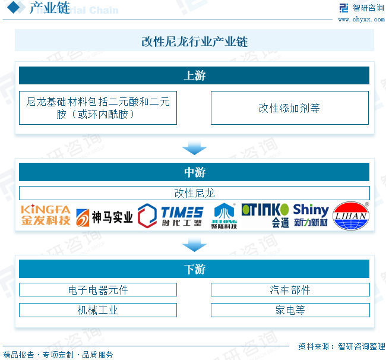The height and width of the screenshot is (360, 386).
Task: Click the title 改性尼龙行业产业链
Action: point(194,42)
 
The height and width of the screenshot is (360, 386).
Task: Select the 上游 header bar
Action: point(194,75)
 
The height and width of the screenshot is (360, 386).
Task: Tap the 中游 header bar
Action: point(194,172)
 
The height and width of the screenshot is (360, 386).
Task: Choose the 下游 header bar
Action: point(194,269)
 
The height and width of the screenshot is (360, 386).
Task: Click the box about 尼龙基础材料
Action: point(98,108)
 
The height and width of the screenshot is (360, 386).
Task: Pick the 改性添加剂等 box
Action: point(289,108)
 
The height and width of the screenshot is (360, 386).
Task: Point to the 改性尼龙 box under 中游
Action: point(194,193)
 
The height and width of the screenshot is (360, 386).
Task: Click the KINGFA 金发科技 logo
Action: point(45,216)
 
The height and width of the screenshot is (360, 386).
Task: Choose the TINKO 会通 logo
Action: point(265,216)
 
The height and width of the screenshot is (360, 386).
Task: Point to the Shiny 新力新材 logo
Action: point(311,216)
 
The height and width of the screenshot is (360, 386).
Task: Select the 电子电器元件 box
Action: point(98,290)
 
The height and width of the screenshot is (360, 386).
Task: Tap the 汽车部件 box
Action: point(290,290)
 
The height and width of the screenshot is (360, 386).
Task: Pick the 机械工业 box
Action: point(98,310)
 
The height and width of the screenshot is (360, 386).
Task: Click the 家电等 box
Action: point(290,310)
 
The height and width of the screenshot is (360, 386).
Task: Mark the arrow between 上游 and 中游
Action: point(194,147)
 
